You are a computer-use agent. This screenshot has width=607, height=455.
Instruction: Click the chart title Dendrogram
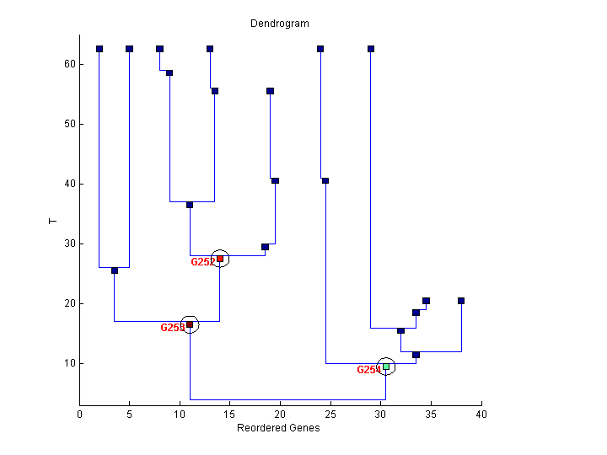pyautogui.click(x=279, y=24)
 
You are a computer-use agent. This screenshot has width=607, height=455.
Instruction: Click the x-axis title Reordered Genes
pyautogui.click(x=278, y=427)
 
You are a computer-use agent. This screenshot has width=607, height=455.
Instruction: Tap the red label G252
pyautogui.click(x=202, y=262)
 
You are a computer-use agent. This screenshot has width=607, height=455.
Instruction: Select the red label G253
pyautogui.click(x=172, y=328)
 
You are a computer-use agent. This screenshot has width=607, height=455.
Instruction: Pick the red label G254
pyautogui.click(x=368, y=370)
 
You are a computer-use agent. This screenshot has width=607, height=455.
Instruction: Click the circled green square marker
pyautogui.click(x=386, y=367)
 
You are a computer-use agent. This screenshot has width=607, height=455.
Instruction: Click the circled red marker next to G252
pyautogui.click(x=220, y=259)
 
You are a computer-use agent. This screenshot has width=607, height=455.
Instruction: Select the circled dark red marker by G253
pyautogui.click(x=190, y=324)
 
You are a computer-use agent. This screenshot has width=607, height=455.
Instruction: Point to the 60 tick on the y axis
pyautogui.click(x=71, y=64)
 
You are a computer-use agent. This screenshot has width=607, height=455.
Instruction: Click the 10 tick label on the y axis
pyautogui.click(x=71, y=363)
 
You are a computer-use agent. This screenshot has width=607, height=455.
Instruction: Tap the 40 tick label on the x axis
pyautogui.click(x=481, y=414)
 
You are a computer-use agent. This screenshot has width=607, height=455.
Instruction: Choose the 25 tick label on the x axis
pyautogui.click(x=330, y=414)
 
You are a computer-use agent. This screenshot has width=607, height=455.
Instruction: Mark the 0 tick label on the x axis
pyautogui.click(x=80, y=414)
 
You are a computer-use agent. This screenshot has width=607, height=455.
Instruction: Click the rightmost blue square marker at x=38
pyautogui.click(x=461, y=301)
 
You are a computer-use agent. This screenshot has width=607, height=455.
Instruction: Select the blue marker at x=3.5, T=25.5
pyautogui.click(x=115, y=270)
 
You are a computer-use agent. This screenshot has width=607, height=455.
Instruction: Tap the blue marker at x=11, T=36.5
pyautogui.click(x=190, y=205)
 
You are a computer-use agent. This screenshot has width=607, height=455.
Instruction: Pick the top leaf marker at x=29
pyautogui.click(x=371, y=49)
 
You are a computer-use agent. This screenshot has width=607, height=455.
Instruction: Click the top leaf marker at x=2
pyautogui.click(x=99, y=49)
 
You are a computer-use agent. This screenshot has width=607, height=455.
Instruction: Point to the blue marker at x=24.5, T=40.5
pyautogui.click(x=325, y=180)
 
